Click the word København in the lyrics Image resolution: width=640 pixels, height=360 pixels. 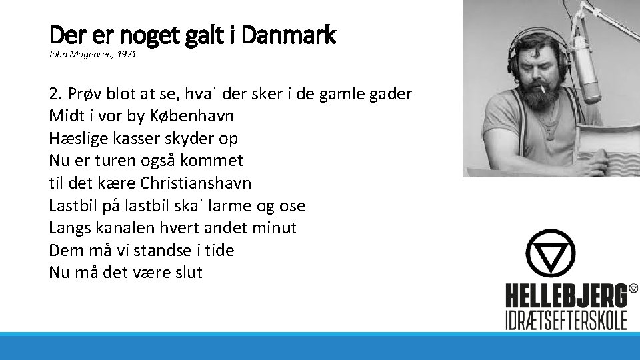tap(200, 115)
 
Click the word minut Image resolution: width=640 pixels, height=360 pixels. tap(275, 227)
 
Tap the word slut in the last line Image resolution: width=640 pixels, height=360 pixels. tap(187, 272)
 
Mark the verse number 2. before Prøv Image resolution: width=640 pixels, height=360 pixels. tap(55, 93)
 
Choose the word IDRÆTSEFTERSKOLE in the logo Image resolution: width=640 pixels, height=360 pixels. tap(566, 320)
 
